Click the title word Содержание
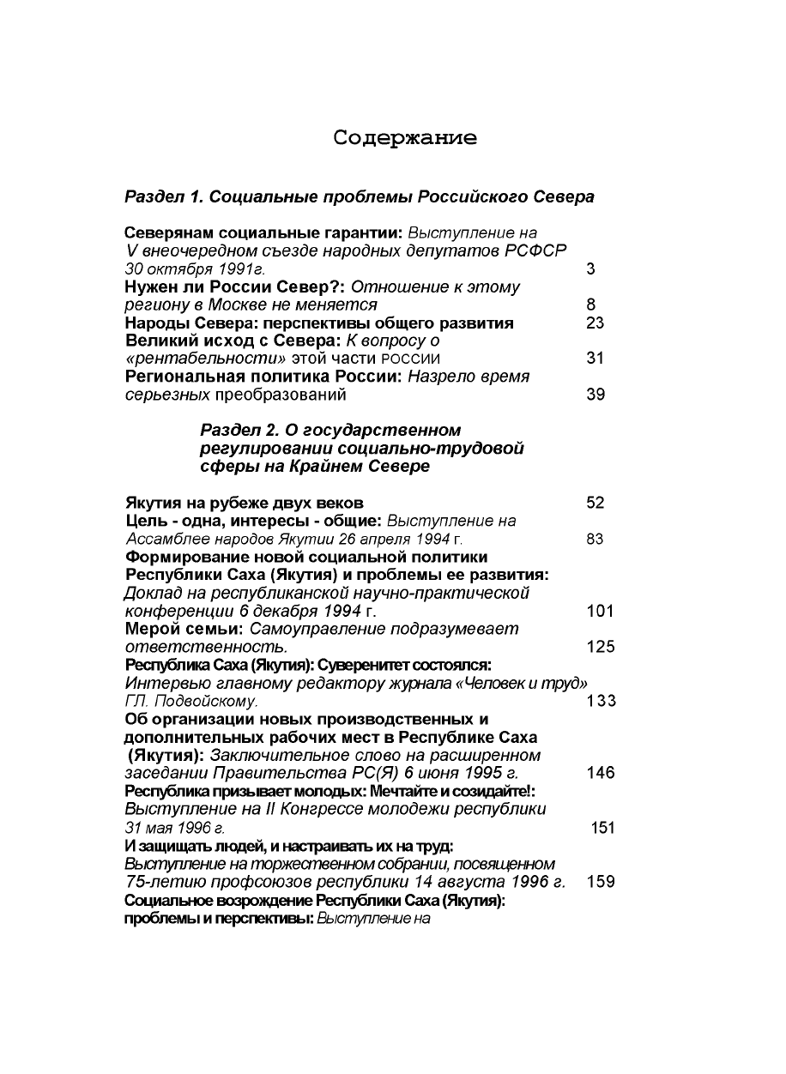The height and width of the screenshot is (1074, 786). [405, 138]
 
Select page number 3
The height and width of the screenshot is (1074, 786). [591, 268]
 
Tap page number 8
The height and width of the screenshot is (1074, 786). [591, 305]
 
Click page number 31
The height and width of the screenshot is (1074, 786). [596, 359]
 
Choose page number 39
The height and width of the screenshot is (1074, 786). [596, 395]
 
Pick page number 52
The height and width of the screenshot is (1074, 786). [596, 503]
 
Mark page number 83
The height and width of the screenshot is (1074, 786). [596, 539]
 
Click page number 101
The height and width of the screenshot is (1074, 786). [601, 611]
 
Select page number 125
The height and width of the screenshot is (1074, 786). [601, 647]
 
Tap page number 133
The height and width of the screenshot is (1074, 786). [601, 701]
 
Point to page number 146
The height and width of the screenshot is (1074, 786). [601, 773]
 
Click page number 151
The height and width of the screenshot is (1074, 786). [603, 828]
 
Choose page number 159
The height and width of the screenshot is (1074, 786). [601, 882]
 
